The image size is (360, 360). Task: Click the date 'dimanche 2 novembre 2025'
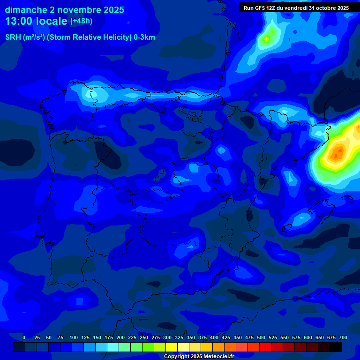click(x=64, y=10)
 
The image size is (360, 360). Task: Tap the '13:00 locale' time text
click(x=36, y=21)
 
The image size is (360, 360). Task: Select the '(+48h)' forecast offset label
click(x=81, y=21)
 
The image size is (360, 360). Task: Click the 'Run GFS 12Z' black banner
click(x=296, y=8)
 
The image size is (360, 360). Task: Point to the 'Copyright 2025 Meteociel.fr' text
click(x=199, y=356)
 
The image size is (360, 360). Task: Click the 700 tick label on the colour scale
click(x=343, y=337)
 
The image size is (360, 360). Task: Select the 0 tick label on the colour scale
click(x=24, y=337)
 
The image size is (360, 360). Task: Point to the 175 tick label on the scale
click(x=109, y=337)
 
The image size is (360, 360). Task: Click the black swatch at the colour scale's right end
click(x=336, y=347)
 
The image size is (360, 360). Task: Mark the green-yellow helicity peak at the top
click(x=267, y=38)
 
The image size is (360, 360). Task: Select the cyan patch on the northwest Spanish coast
click(x=95, y=94)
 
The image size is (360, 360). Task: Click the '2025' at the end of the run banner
click(x=343, y=8)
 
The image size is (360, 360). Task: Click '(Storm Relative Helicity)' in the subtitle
click(x=89, y=37)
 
